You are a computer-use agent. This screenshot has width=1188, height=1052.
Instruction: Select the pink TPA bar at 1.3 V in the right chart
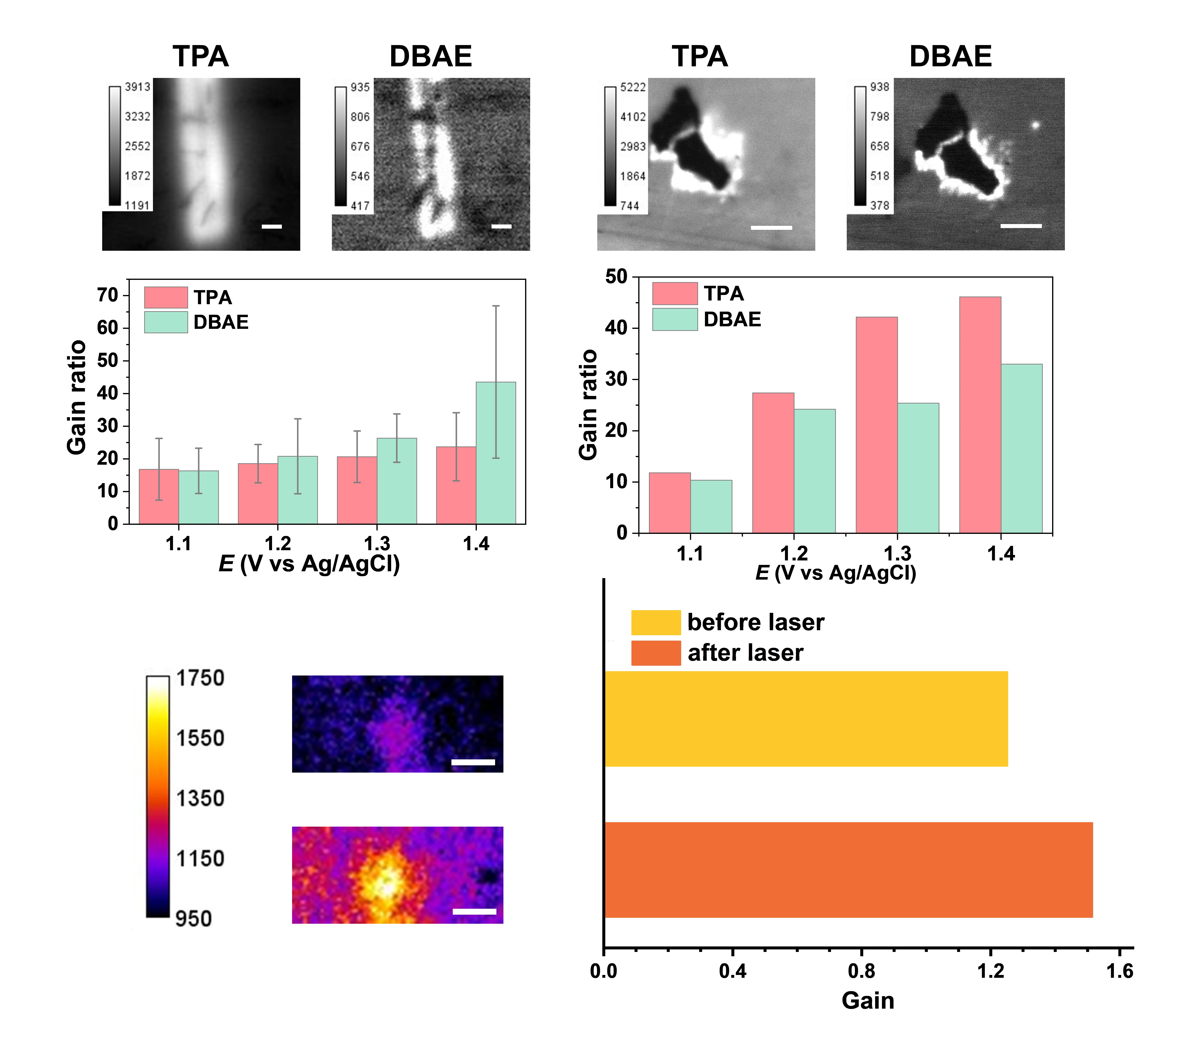click(876, 424)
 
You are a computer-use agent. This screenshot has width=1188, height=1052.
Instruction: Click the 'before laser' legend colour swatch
click(656, 623)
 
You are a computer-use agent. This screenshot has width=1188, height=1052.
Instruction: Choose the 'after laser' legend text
click(745, 653)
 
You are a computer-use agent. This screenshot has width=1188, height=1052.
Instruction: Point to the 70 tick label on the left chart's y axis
click(108, 295)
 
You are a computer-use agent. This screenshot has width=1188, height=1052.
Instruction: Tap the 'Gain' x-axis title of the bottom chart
click(868, 1001)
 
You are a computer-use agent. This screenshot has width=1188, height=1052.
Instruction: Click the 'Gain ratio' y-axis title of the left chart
click(77, 398)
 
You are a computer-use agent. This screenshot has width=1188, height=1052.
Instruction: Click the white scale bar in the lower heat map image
click(474, 911)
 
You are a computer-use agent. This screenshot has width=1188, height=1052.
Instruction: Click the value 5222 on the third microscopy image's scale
click(632, 87)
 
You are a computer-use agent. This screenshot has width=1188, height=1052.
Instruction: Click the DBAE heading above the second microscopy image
click(431, 56)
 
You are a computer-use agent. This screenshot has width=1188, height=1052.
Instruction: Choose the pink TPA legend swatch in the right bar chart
click(674, 294)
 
